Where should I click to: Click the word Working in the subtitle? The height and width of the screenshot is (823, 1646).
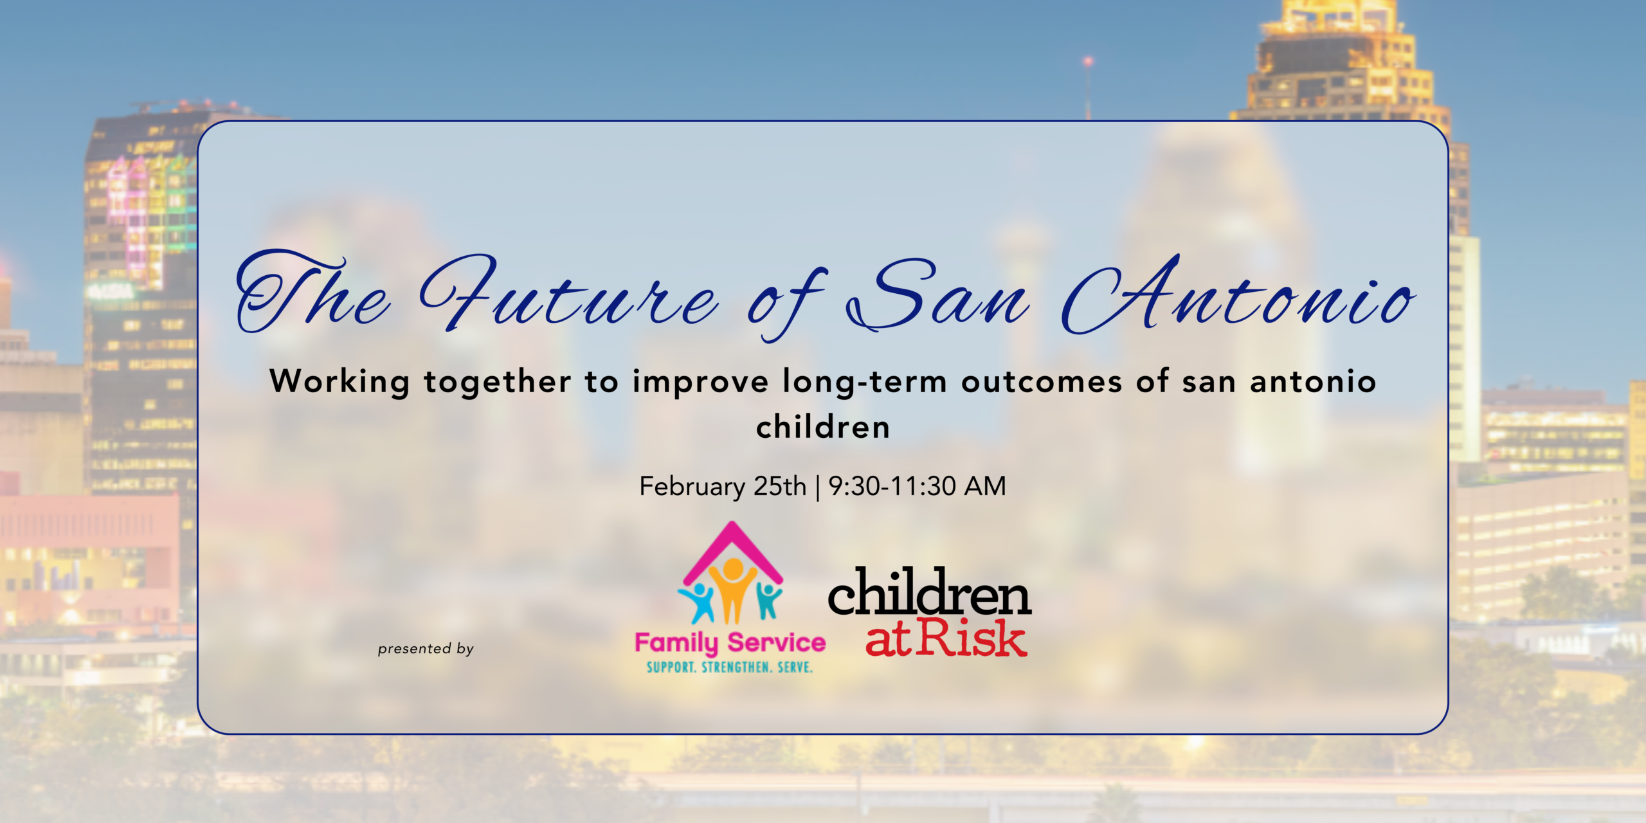click(339, 382)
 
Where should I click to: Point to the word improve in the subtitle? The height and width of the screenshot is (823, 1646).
click(700, 383)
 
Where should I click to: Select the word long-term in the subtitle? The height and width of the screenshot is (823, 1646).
click(865, 383)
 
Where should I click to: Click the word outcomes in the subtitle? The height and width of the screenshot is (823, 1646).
click(1042, 382)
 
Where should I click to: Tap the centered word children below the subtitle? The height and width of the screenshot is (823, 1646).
click(823, 427)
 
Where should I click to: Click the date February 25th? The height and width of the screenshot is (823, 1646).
click(723, 487)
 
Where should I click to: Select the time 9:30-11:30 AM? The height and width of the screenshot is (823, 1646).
click(917, 486)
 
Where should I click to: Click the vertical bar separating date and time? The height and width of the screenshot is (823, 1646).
click(817, 487)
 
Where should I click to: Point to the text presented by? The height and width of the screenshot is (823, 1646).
click(426, 649)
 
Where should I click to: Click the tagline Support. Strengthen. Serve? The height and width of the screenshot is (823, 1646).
click(730, 667)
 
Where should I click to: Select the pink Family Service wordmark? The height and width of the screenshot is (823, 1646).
click(730, 643)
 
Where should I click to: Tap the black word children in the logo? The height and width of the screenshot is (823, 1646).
click(930, 591)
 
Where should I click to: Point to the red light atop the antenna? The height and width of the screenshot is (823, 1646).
click(1088, 62)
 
